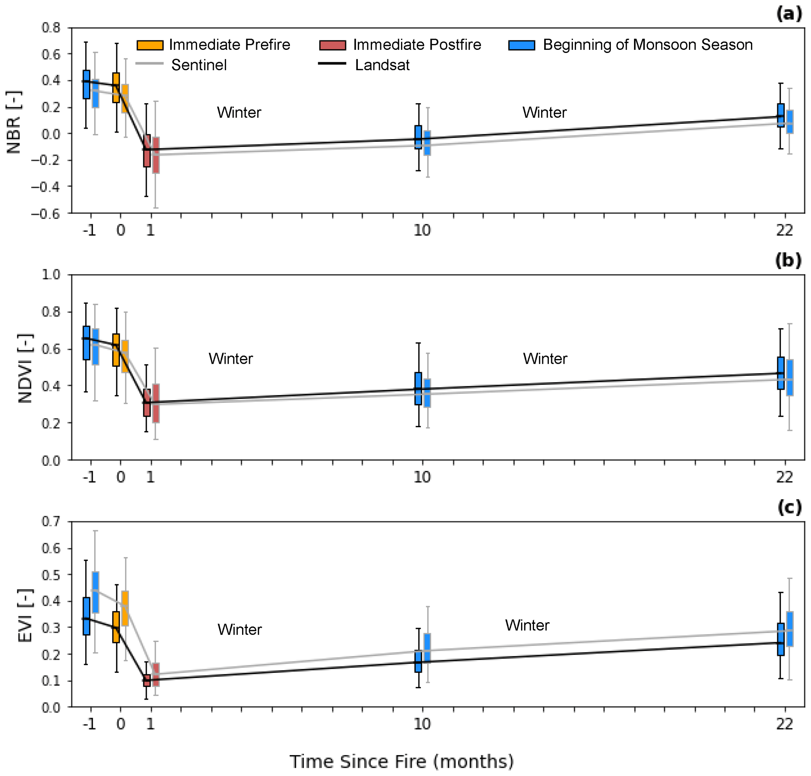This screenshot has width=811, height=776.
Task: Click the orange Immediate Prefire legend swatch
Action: [x=150, y=45]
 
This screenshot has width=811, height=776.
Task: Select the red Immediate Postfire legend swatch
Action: [x=332, y=45]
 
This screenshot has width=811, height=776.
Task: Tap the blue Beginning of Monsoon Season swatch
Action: [x=521, y=45]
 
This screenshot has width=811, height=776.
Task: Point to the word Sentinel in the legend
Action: [x=199, y=65]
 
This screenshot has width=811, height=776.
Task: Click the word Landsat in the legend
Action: [x=382, y=65]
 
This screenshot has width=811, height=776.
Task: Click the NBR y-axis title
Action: [x=14, y=122]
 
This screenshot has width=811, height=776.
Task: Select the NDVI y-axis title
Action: [x=25, y=368]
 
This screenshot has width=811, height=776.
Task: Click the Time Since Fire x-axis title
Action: [x=401, y=761]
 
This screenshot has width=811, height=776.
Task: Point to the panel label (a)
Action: [x=789, y=14]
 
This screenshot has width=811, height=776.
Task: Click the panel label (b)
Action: [x=788, y=260]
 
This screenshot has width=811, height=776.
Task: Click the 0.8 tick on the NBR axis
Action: [x=51, y=28]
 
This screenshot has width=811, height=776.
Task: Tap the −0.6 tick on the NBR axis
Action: [x=46, y=213]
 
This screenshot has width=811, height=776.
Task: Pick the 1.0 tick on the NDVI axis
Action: [x=51, y=274]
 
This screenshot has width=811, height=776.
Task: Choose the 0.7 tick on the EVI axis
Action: [x=51, y=522]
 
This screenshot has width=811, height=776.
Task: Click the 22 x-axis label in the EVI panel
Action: [x=784, y=724]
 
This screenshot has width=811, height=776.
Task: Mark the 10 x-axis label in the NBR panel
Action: [x=422, y=230]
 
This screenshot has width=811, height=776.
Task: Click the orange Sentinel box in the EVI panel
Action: [x=125, y=608]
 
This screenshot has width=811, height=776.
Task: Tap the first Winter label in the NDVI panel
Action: [x=230, y=359]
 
